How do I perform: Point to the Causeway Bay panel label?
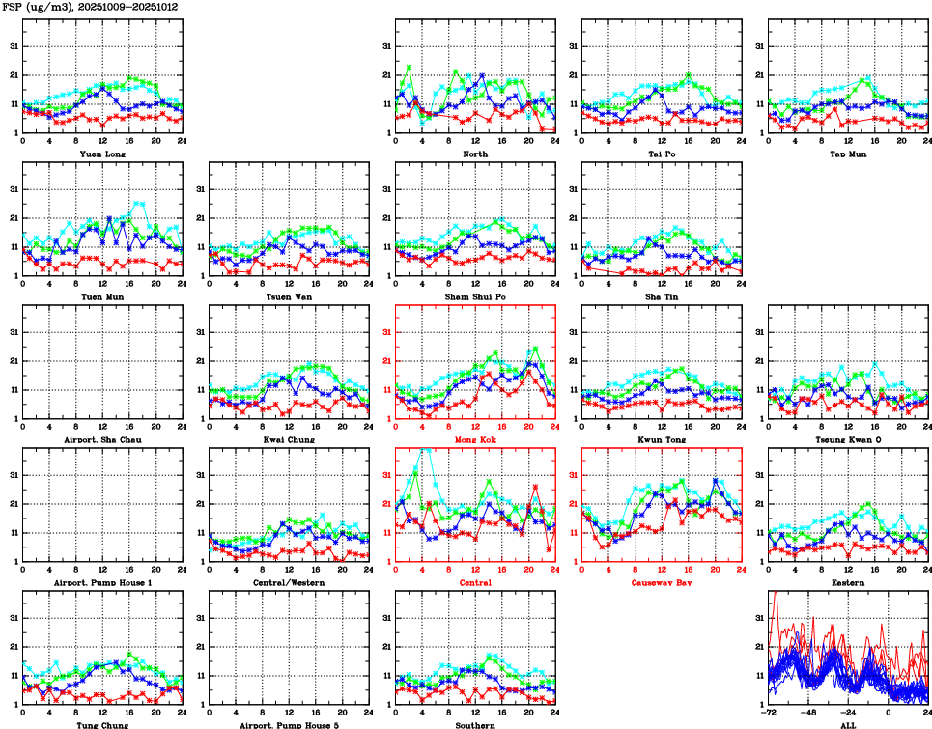pyautogui.click(x=662, y=583)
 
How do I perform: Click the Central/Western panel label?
pyautogui.click(x=289, y=583)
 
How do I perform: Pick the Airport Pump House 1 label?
pyautogui.click(x=101, y=583)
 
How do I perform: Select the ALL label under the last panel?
pyautogui.click(x=848, y=724)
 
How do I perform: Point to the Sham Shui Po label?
pyautogui.click(x=475, y=296)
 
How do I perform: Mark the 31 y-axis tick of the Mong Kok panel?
pyautogui.click(x=385, y=332)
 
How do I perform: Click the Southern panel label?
pyautogui.click(x=475, y=724)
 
